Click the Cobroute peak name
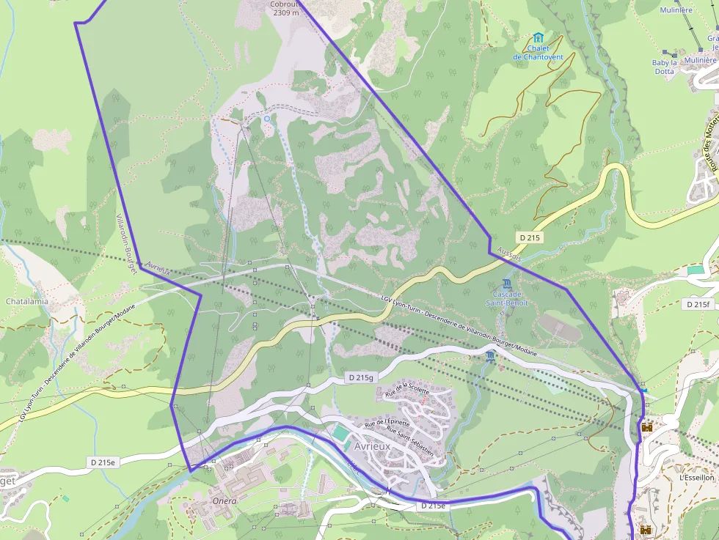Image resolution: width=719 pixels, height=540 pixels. click(285, 4)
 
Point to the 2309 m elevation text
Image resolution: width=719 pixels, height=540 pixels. click(285, 12)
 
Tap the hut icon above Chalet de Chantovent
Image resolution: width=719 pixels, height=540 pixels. click(539, 37)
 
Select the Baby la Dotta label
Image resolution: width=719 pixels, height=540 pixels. click(664, 67)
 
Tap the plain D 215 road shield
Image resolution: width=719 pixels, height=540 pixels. click(529, 237)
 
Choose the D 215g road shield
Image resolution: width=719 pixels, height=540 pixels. click(360, 377)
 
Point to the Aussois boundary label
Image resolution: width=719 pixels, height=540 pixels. click(509, 254)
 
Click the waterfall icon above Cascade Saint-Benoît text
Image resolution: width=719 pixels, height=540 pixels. click(507, 284)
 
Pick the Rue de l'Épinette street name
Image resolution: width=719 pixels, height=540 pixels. click(387, 424)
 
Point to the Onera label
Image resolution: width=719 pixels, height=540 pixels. click(225, 501)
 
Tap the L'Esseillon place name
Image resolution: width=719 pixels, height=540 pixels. click(696, 477)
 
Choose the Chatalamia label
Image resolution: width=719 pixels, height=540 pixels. click(27, 301)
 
